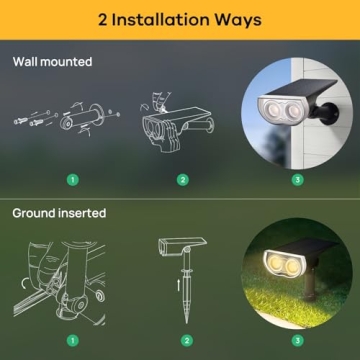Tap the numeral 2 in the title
103,19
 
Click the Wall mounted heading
52,62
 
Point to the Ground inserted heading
59,213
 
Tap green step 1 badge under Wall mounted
72,181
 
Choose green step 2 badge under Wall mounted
182,181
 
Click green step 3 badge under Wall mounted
296,181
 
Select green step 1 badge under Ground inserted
72,339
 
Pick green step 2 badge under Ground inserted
187,339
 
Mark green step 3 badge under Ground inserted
296,339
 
